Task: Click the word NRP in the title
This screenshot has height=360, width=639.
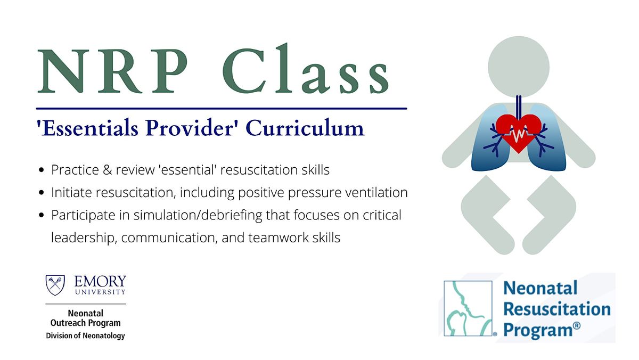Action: pos(113,71)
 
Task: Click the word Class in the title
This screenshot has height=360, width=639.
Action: pos(306,69)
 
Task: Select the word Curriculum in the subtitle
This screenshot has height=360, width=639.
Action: pos(305,128)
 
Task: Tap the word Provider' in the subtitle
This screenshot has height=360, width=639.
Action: pos(190,127)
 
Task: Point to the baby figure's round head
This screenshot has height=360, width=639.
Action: pos(519,67)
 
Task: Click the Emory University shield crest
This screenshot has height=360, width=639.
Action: pos(55,285)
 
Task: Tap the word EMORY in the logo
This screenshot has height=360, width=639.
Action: pos(100,281)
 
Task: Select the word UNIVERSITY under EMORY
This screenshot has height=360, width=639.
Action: pos(100,292)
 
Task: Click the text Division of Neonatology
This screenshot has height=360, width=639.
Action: pos(86,336)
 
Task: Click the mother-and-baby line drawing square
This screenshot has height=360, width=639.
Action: pos(468,308)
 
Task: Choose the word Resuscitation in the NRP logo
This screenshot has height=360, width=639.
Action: pos(557,309)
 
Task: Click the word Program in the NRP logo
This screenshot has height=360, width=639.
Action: pos(538,331)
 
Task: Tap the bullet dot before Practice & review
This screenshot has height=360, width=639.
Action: pos(42,170)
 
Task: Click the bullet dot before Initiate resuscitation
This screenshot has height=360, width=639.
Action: pos(42,193)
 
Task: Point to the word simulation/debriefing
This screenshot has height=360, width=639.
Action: pos(198,215)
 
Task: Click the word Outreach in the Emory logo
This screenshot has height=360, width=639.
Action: pos(69,323)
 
